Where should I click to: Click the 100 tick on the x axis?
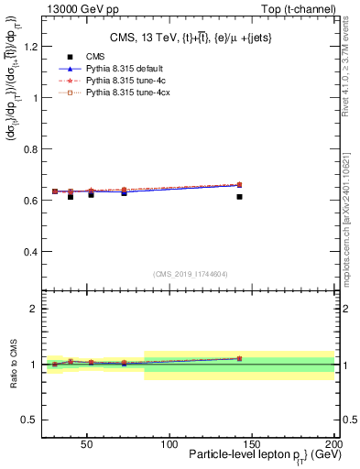(169, 444)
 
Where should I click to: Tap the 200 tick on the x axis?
(334, 444)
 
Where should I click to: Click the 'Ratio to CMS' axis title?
(12, 364)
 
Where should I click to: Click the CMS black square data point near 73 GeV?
(124, 193)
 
